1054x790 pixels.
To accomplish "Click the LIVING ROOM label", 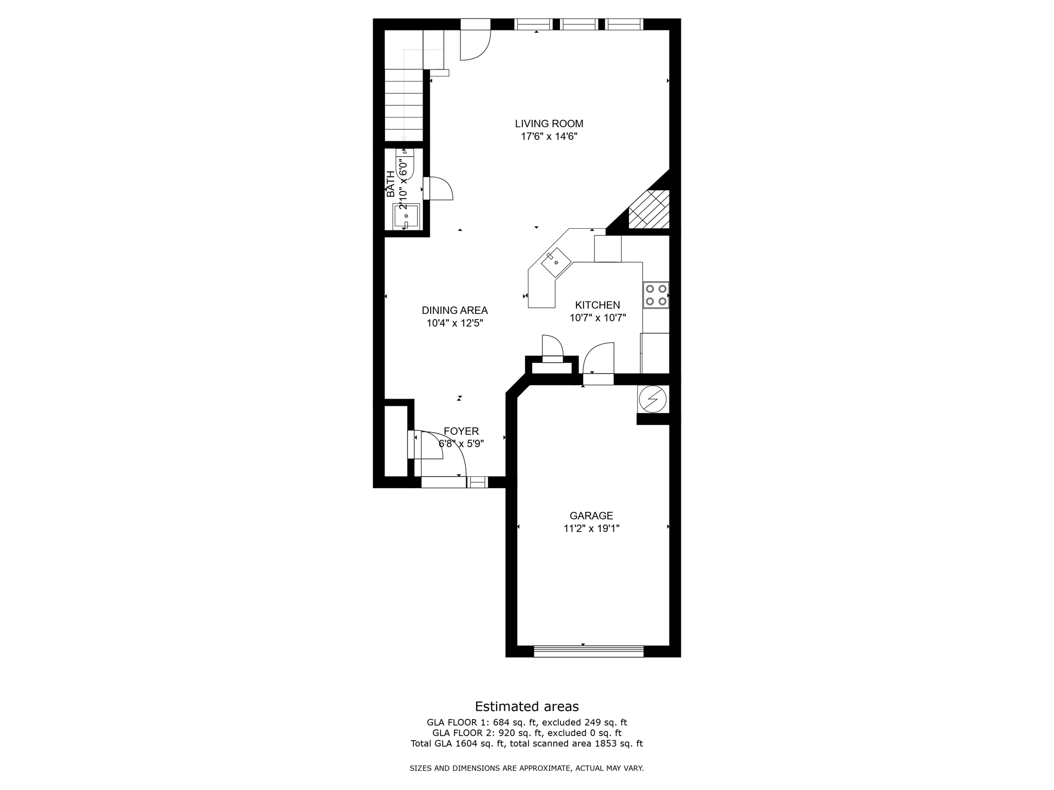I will click(x=549, y=123).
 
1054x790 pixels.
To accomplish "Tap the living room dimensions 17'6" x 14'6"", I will click(x=549, y=137).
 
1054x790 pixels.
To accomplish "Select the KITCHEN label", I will click(x=597, y=305).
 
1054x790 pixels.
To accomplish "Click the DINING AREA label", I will click(x=454, y=310).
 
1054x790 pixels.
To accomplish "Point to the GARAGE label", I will click(x=591, y=515).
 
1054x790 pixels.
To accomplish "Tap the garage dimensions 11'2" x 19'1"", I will click(x=591, y=528).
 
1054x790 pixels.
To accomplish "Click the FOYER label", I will click(x=461, y=431).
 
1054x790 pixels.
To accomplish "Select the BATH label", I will click(x=391, y=184).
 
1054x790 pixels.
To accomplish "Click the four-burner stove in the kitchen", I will click(x=656, y=295).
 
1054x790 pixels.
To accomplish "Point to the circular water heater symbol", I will click(x=652, y=399).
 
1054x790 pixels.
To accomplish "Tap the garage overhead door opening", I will click(x=588, y=652).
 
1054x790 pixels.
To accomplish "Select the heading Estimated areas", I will click(x=526, y=706).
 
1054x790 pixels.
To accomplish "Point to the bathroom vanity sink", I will click(x=407, y=217).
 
